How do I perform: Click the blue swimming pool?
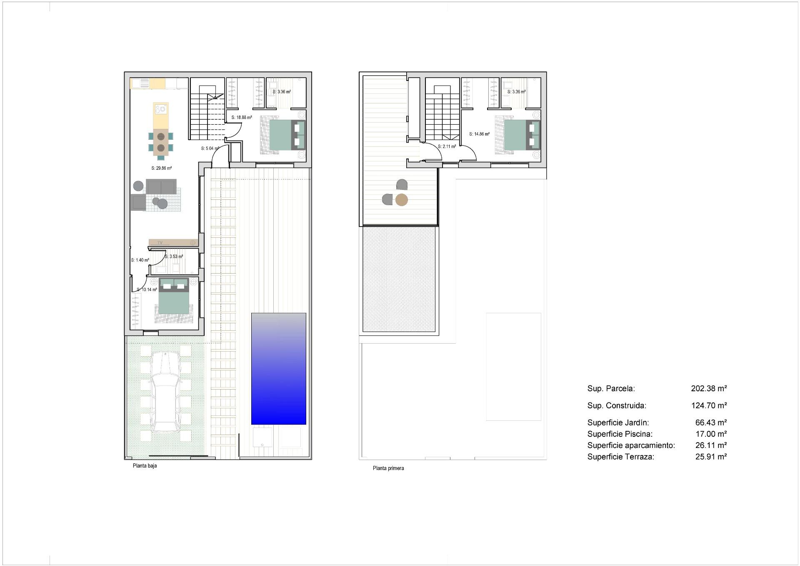point(278,369)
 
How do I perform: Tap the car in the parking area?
point(165,391)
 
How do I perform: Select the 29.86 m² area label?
point(162,169)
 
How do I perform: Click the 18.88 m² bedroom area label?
point(242,118)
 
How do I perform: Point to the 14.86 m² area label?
point(479,134)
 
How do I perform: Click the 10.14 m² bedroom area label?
point(147,289)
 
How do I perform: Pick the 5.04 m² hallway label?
point(210,148)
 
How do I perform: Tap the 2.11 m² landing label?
point(447,146)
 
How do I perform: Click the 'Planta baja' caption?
point(145,466)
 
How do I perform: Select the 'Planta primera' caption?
point(388,468)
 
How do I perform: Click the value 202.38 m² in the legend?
point(709,388)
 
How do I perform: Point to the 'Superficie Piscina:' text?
point(620,434)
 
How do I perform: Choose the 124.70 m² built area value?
point(709,405)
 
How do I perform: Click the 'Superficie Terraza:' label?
point(621,457)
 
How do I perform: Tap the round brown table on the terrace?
point(401,200)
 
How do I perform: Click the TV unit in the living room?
point(173,242)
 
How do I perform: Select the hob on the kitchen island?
point(160,110)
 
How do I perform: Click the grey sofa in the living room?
point(161,186)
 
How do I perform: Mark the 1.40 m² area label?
point(140,260)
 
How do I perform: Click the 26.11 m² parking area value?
point(711,445)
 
